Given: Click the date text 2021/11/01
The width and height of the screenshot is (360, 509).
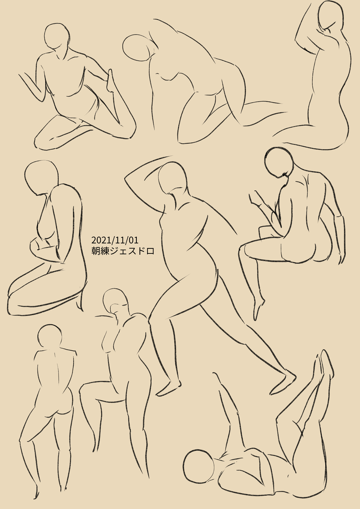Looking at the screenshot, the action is click(x=115, y=240).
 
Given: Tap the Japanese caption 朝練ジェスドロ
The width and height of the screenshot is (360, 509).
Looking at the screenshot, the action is click(x=122, y=251).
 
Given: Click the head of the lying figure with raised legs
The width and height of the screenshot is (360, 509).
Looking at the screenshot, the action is click(x=198, y=466).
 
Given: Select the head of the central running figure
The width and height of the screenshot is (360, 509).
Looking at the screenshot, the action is click(x=173, y=178).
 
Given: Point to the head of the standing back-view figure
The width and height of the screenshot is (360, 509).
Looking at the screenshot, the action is click(x=49, y=337).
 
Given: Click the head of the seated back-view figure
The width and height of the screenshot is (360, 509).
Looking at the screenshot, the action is click(x=279, y=162).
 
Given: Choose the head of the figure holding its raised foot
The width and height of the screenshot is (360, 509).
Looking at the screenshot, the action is click(x=57, y=36).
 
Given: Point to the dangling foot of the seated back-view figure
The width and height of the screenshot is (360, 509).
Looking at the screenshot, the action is click(x=259, y=308).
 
